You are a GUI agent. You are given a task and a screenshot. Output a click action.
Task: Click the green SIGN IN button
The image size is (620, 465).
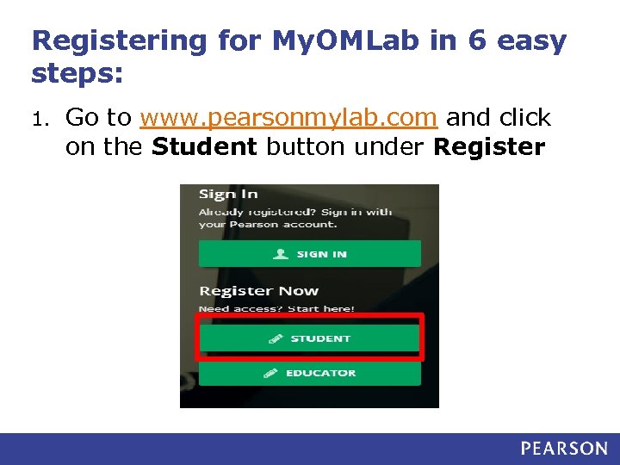[310, 253]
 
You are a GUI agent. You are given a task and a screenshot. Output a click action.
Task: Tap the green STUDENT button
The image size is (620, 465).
[310, 338]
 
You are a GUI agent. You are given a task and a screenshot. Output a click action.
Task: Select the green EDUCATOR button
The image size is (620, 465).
[310, 373]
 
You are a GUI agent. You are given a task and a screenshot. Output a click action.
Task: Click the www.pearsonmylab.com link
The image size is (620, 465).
[289, 117]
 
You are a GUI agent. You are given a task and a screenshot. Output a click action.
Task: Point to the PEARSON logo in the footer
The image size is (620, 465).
[564, 448]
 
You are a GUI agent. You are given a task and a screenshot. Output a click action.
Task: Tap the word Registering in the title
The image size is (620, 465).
[119, 40]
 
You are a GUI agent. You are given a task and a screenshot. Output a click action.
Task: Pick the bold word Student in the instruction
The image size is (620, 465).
[204, 147]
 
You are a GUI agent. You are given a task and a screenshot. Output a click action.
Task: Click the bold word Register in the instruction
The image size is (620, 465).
[489, 147]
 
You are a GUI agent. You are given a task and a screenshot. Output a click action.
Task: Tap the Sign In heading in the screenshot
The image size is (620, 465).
[228, 195]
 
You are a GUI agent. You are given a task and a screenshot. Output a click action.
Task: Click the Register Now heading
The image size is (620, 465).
[258, 291]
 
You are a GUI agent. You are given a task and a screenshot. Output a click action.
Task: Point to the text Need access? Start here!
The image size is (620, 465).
[276, 308]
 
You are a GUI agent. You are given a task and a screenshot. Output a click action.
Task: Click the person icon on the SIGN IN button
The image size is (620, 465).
[281, 254]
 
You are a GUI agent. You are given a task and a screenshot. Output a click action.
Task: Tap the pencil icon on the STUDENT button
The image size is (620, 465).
[276, 339]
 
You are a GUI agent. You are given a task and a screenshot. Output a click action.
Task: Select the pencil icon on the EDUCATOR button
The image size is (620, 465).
[270, 373]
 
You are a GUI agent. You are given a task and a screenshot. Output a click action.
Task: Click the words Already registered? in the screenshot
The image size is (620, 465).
[247, 212]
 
